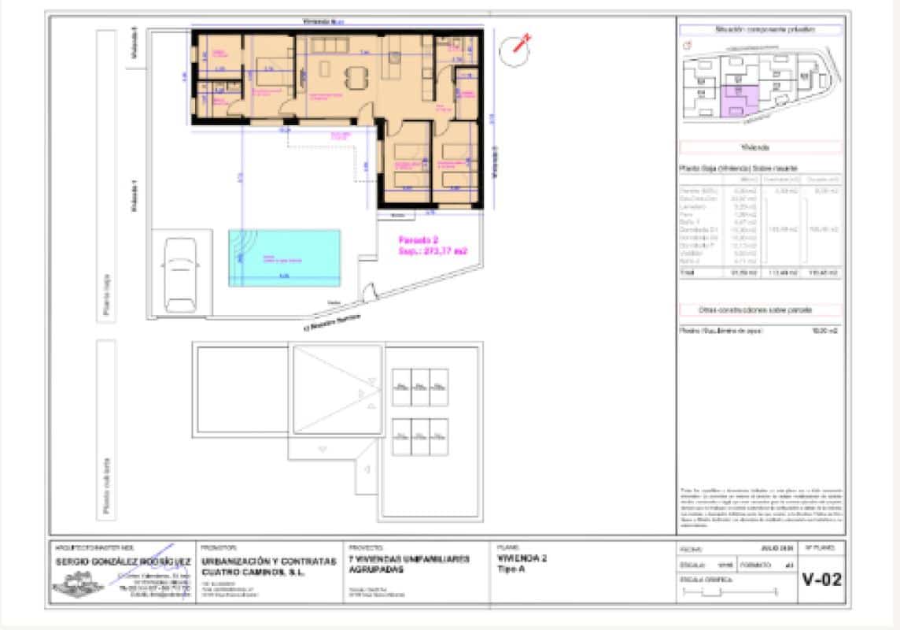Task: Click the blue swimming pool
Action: (x=285, y=257)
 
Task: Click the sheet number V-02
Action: (x=821, y=580)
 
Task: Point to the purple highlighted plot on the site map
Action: (x=739, y=101)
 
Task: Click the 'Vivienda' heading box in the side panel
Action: (x=759, y=147)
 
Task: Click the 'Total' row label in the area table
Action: (x=688, y=272)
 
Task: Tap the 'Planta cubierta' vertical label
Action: (x=106, y=486)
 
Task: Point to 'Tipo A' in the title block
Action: (x=511, y=568)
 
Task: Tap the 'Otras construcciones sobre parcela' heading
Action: (x=759, y=310)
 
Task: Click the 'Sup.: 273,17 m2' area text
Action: (x=432, y=251)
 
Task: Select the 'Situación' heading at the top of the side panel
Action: (x=759, y=29)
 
